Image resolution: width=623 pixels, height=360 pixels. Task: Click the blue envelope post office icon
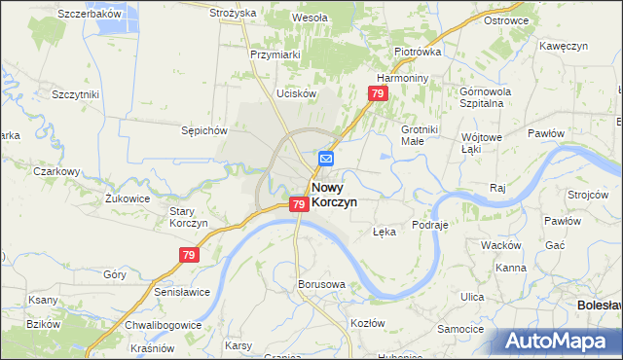pyautogui.click(x=326, y=158)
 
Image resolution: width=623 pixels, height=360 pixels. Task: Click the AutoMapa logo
pyautogui.click(x=556, y=342)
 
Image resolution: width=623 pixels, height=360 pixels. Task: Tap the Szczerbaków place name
pyautogui.click(x=89, y=14)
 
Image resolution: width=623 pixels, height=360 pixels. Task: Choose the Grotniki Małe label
pyautogui.click(x=423, y=134)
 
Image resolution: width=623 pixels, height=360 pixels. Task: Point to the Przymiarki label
pyautogui.click(x=275, y=55)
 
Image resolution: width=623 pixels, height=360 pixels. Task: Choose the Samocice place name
pyautogui.click(x=461, y=329)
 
